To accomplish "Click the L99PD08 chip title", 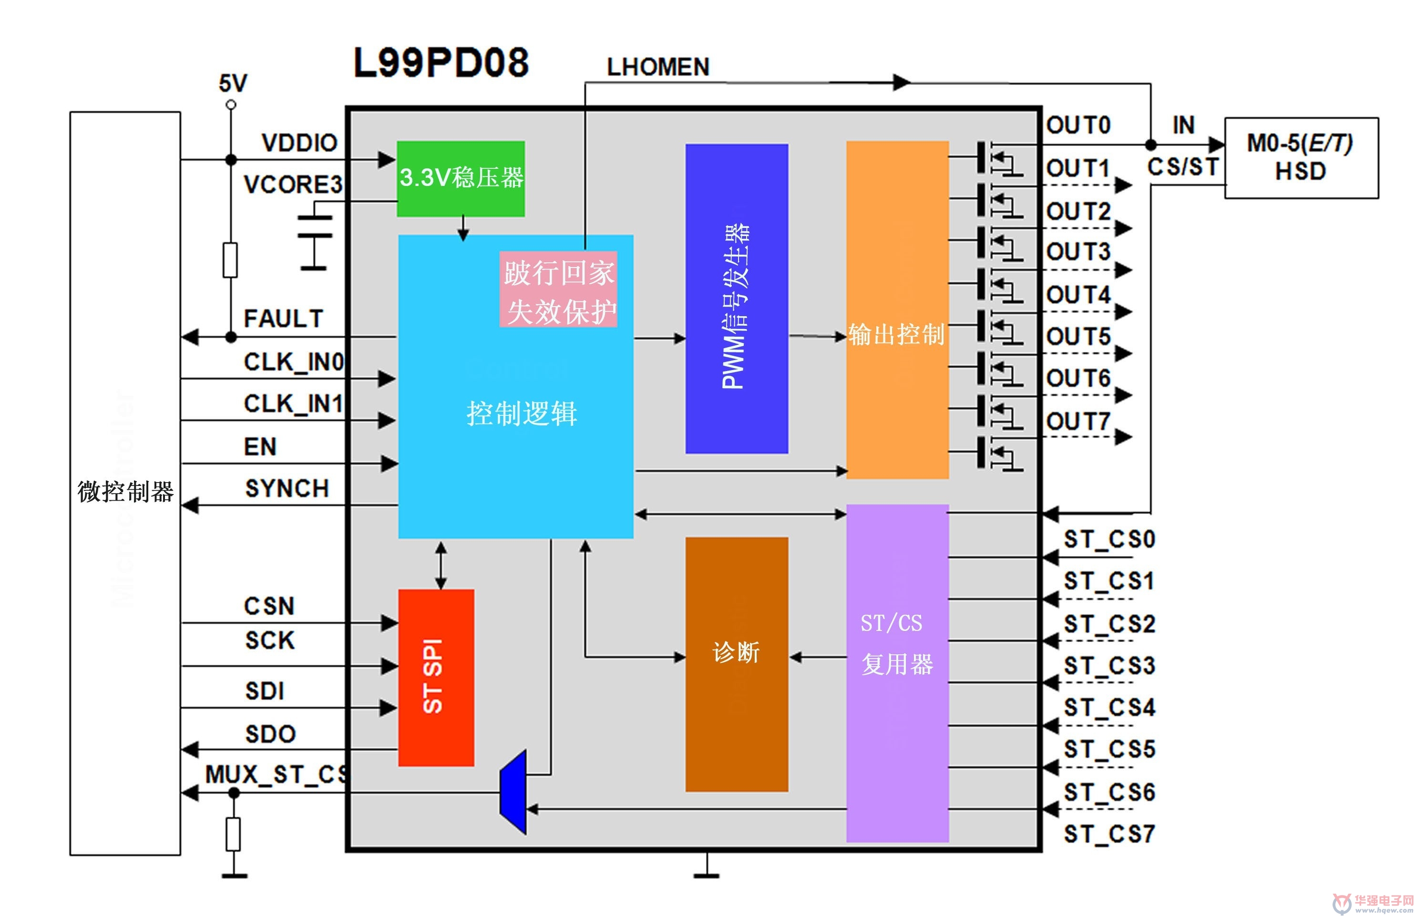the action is pyautogui.click(x=441, y=62).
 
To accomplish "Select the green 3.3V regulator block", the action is pyautogui.click(x=461, y=178).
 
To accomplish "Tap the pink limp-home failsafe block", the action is pyautogui.click(x=558, y=289).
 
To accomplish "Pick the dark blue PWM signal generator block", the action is pyautogui.click(x=737, y=299).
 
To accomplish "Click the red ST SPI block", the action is pyautogui.click(x=436, y=678).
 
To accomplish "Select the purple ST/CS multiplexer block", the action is pyautogui.click(x=897, y=673).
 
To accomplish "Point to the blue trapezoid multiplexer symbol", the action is pyautogui.click(x=513, y=792).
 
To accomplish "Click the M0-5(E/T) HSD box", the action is pyautogui.click(x=1301, y=158).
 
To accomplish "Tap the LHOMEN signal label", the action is pyautogui.click(x=658, y=67).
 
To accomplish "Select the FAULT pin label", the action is pyautogui.click(x=283, y=318).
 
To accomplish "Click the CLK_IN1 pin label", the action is pyautogui.click(x=293, y=404).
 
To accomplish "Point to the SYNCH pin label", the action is pyautogui.click(x=287, y=488).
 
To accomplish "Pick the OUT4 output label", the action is pyautogui.click(x=1078, y=295).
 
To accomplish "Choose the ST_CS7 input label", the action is pyautogui.click(x=1109, y=834).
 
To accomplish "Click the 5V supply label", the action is pyautogui.click(x=233, y=83).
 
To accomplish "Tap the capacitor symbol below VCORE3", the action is pyautogui.click(x=315, y=236).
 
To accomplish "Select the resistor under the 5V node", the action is pyautogui.click(x=230, y=260).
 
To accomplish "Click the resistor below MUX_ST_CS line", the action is pyautogui.click(x=233, y=834).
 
